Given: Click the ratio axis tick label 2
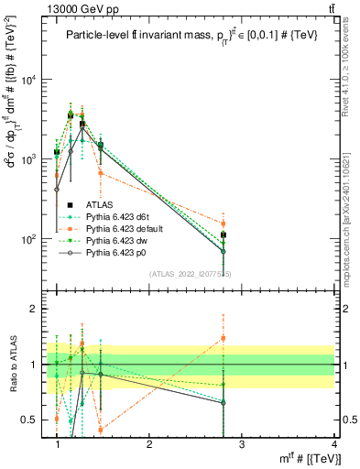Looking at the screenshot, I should coord(38,310).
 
